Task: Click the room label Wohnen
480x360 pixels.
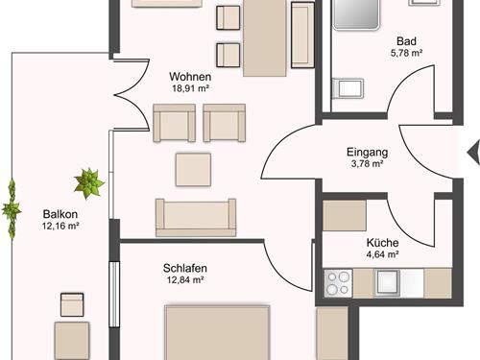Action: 190,77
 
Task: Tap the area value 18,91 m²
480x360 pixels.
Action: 191,88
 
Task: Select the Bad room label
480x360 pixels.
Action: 406,41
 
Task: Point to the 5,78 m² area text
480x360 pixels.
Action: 406,53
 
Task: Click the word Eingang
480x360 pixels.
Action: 368,153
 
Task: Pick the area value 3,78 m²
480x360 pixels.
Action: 368,164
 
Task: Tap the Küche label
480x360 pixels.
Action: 382,243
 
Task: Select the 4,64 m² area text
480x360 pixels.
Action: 382,254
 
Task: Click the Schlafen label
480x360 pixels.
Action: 185,268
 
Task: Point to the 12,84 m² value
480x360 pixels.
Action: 185,280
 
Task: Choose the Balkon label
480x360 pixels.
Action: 60,214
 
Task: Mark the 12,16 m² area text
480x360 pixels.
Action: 60,226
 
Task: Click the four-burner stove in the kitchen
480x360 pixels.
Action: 338,283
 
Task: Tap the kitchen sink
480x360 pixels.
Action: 388,283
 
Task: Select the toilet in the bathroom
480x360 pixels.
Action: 348,88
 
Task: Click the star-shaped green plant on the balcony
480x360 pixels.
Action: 89,183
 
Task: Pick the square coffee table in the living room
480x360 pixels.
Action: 193,170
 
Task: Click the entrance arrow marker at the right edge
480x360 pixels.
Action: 474,153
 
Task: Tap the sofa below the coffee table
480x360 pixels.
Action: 196,218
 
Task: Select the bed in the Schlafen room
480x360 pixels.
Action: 217,332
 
